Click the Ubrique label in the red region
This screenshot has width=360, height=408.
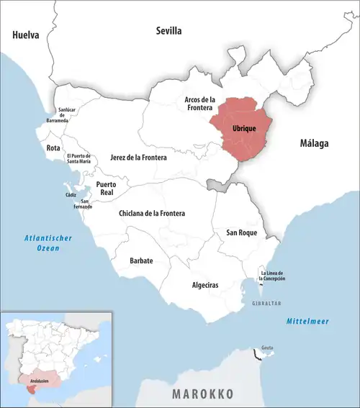244,128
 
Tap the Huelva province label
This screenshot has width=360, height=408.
25,35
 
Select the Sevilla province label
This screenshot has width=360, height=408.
170,30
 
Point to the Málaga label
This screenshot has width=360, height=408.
314,144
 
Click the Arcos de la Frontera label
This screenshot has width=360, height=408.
200,104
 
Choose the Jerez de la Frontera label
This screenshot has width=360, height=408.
138,157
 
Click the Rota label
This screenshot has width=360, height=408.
53,148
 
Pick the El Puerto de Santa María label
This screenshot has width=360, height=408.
78,159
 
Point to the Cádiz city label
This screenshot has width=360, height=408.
71,195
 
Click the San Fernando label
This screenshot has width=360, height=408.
85,204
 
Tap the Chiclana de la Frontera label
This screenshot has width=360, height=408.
152,214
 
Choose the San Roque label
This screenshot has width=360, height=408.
241,232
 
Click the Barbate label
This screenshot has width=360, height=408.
141,260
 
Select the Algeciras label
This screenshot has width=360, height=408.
206,285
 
